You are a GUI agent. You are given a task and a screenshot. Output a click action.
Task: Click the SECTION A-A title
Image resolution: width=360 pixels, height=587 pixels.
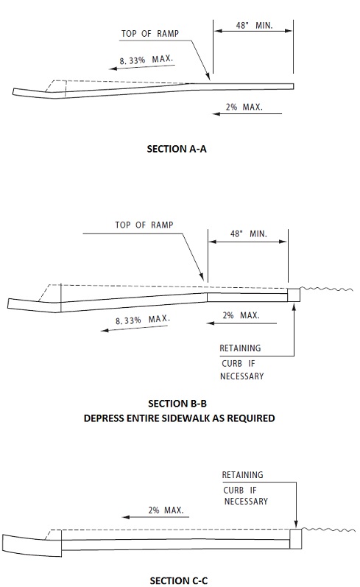point(177,149)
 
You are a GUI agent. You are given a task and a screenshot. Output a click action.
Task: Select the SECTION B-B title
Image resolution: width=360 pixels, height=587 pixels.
point(177,404)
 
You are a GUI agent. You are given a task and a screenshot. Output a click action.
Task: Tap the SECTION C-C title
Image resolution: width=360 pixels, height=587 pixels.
point(178,581)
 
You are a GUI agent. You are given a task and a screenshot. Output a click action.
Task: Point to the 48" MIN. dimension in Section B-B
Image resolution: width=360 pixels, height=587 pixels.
point(249,234)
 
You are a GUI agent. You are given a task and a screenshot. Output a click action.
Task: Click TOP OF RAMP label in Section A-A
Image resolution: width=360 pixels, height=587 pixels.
point(150,34)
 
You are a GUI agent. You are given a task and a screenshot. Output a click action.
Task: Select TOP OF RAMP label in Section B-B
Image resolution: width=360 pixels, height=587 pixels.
point(144,225)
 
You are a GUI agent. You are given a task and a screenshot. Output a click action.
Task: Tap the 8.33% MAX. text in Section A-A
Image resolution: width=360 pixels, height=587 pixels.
point(147,60)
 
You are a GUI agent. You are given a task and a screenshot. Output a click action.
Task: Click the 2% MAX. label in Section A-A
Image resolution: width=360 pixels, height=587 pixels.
point(244,107)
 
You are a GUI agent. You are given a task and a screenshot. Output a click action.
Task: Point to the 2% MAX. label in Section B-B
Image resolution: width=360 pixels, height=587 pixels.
point(241,315)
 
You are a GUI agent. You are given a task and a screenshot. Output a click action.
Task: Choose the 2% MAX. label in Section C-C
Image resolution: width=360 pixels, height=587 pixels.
point(166,510)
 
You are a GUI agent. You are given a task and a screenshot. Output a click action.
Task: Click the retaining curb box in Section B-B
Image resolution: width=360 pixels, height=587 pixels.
point(294,295)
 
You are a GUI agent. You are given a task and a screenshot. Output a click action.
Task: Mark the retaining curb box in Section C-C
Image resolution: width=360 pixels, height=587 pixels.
point(296,538)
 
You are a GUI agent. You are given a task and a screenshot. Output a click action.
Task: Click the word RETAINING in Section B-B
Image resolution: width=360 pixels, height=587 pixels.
point(240,348)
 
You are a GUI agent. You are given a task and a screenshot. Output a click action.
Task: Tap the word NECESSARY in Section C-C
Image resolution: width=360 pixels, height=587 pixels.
point(246,502)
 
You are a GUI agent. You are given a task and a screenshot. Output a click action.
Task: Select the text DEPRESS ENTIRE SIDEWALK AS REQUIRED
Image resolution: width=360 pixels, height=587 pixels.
point(179,418)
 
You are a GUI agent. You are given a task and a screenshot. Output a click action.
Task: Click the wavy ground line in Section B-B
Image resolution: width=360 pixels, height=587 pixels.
point(326,289)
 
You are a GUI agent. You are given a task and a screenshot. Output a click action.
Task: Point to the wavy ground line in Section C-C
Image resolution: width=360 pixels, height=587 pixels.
point(328,530)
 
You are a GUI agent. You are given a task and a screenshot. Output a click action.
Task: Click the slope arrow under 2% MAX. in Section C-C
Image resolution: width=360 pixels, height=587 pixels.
point(155,517)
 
